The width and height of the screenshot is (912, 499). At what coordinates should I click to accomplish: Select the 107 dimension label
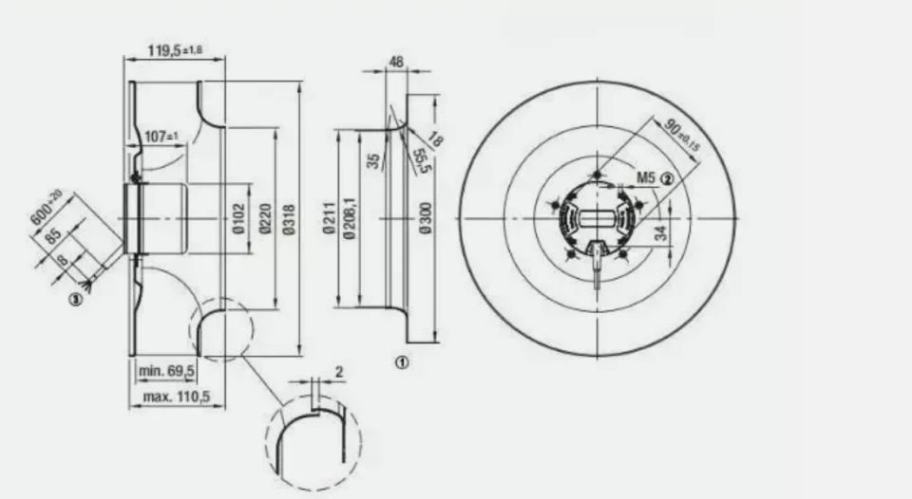pos(162,137)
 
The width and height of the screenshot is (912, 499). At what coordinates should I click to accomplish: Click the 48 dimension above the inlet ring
pos(396,63)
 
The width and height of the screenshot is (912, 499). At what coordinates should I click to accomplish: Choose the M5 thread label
pos(646,177)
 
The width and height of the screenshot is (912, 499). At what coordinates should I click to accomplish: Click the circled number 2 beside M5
pos(667,177)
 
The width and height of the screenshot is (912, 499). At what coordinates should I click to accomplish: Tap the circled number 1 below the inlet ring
pos(402,361)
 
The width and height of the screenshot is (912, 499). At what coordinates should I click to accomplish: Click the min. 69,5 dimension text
pos(167,369)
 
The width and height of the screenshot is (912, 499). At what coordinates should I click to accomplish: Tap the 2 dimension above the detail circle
pos(338,371)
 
